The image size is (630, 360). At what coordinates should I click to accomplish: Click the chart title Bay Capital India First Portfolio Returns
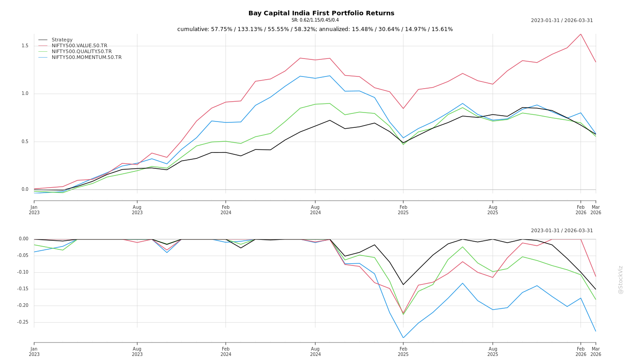321,13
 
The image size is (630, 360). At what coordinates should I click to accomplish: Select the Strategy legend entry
62,40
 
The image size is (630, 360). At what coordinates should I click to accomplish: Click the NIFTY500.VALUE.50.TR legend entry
79,46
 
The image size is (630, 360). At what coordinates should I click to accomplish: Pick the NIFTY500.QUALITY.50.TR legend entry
81,52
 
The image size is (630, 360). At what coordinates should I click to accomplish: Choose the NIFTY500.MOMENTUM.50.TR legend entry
86,58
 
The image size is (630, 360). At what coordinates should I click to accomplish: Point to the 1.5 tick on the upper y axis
25,46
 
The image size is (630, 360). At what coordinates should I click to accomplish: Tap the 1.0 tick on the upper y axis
25,94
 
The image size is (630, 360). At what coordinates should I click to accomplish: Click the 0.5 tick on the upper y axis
25,142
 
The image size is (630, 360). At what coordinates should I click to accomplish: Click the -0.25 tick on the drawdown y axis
22,322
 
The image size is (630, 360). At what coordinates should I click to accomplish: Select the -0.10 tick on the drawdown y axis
22,272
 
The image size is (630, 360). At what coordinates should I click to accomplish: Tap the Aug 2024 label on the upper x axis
315,210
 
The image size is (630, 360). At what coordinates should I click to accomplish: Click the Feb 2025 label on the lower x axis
403,351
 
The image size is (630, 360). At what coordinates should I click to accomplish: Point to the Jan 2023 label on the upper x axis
34,210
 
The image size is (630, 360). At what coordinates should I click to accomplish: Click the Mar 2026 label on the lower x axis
595,351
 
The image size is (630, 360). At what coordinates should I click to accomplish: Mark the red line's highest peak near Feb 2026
580,34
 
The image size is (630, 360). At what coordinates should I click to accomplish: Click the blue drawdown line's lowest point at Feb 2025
403,337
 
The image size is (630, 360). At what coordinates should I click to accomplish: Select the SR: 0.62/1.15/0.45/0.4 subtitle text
315,20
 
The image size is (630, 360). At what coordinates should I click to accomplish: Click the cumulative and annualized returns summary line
315,29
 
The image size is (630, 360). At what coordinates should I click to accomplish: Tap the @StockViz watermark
621,279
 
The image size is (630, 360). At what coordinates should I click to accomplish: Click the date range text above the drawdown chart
562,231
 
